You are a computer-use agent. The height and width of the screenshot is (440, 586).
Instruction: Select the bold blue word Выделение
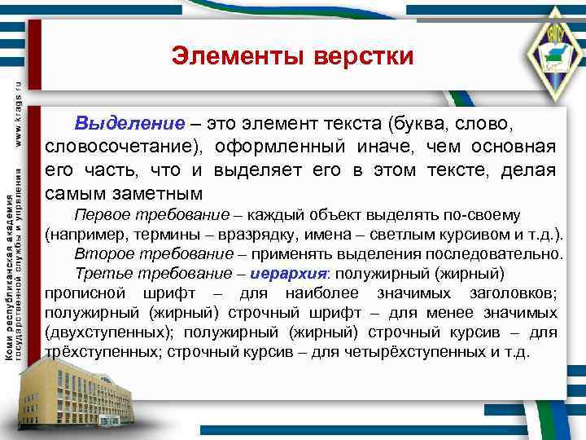click(129, 124)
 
